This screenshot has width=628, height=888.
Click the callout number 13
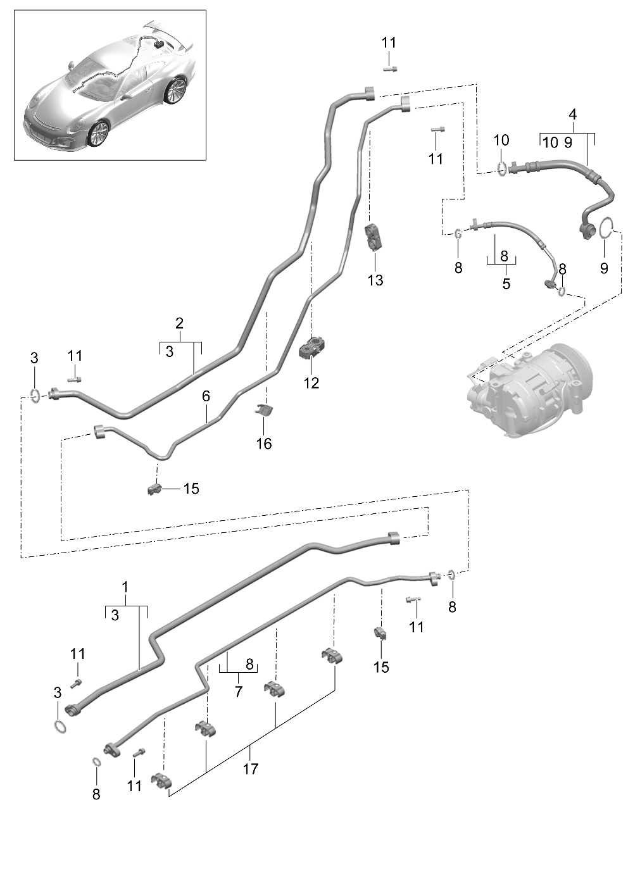coord(375,280)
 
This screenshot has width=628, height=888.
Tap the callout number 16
coord(263,444)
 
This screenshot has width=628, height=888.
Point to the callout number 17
coord(250,768)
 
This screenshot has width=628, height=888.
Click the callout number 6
coord(206,396)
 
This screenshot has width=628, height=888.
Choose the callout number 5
coord(506,284)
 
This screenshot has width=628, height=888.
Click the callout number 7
coord(238,691)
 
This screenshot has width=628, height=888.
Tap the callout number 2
coord(179,323)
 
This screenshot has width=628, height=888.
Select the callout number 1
coord(125,587)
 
